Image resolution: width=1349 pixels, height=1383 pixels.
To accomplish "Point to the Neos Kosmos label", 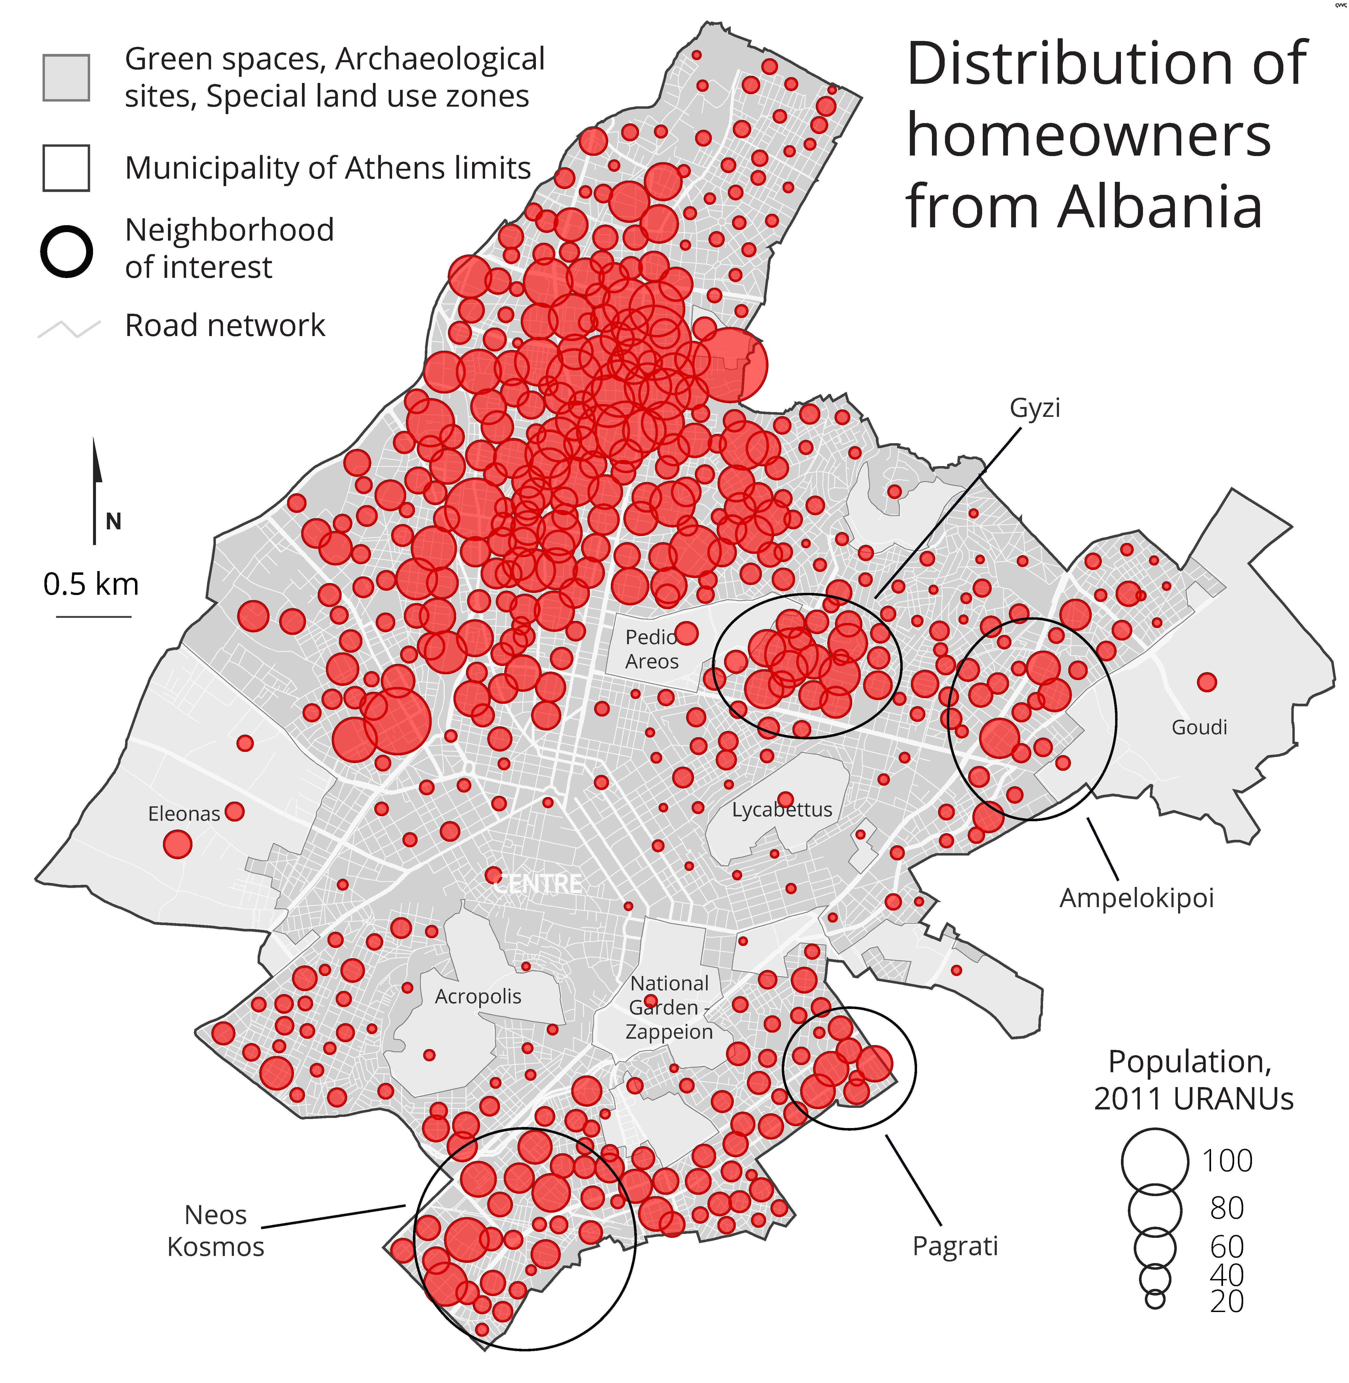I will [215, 1231].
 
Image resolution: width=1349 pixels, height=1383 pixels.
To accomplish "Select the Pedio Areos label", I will [651, 649].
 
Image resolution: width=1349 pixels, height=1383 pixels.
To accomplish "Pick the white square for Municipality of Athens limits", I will [66, 168].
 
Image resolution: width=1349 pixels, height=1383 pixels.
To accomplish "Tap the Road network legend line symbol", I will [69, 329].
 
